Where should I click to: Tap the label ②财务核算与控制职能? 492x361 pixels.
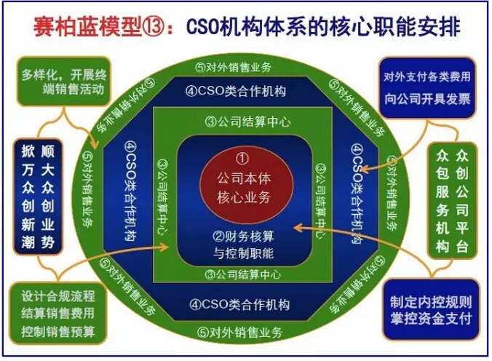click(243, 245)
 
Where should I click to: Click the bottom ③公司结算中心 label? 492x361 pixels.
click(243, 275)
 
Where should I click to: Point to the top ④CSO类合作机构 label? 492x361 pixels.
click(236, 91)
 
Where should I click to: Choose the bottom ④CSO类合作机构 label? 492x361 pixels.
click(239, 304)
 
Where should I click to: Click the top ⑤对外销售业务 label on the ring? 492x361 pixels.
click(233, 67)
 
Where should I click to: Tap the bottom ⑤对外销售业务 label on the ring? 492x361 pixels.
click(240, 332)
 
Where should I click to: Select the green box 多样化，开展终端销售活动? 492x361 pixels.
click(64, 82)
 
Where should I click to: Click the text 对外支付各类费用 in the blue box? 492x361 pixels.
click(427, 76)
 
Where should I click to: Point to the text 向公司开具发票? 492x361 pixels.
click(427, 99)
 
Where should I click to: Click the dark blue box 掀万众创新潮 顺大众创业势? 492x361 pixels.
click(38, 197)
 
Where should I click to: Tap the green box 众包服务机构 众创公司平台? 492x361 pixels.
click(452, 201)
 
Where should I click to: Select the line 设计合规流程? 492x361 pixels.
click(58, 295)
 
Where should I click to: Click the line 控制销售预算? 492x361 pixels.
click(58, 331)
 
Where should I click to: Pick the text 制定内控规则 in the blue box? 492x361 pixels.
click(431, 301)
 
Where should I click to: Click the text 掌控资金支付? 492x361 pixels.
click(431, 319)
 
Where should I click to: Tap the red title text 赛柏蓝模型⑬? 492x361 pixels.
click(99, 28)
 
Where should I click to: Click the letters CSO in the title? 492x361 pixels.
click(202, 27)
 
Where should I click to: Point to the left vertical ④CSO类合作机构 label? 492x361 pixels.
click(130, 191)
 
